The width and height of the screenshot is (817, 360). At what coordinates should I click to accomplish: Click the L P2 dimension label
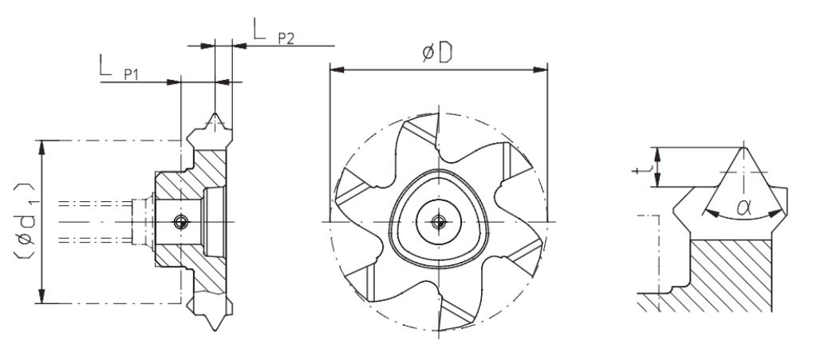coord(274,32)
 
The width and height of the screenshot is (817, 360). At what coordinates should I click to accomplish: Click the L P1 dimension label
coord(119,67)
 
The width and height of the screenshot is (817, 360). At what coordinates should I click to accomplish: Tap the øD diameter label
coord(436,53)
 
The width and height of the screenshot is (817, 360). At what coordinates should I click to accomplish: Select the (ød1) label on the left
coord(24,221)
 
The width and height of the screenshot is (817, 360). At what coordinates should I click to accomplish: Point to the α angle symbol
coord(744,208)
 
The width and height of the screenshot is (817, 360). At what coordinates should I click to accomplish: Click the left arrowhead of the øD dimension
coord(337,69)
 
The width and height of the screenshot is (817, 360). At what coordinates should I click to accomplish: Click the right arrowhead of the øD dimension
coord(540,69)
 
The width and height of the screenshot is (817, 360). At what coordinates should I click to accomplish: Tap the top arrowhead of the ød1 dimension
coord(42,148)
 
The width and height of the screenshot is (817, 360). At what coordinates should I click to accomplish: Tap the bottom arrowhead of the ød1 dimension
coord(42,296)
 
